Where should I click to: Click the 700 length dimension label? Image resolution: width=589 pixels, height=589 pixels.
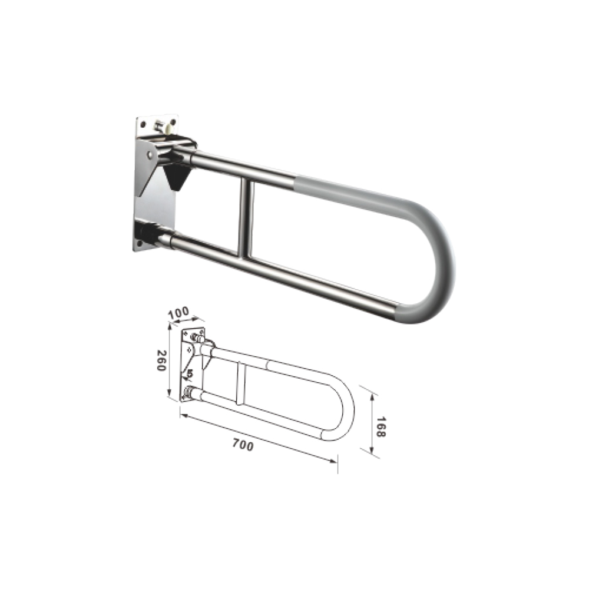[x=243, y=445]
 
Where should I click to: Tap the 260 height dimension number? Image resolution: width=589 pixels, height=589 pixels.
[x=161, y=360]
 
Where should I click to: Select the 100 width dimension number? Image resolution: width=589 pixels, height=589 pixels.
[x=178, y=313]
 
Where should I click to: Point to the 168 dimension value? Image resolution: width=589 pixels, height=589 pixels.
[x=380, y=426]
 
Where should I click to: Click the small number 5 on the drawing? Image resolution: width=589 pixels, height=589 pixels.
[x=190, y=373]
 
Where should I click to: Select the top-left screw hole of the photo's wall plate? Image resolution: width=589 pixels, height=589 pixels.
[x=143, y=123]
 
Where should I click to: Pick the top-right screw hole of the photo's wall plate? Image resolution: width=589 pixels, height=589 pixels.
[x=173, y=122]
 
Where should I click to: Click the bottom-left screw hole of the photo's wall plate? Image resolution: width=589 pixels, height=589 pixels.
[x=140, y=243]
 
